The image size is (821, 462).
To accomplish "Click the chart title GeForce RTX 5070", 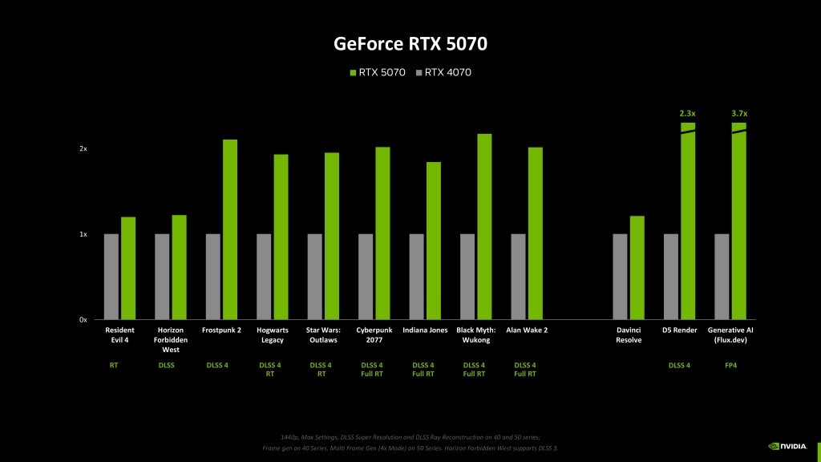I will tap(410, 43).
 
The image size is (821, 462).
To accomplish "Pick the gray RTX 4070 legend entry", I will tap(443, 73).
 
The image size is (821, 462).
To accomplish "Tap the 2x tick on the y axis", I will tap(83, 149).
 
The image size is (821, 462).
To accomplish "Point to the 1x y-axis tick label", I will tap(83, 234).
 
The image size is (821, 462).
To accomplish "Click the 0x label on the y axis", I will tap(83, 320).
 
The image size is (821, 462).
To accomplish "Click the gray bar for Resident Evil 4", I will tap(111, 277).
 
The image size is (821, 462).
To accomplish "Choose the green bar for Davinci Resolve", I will tap(637, 268).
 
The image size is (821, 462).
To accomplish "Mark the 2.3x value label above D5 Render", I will tap(687, 114).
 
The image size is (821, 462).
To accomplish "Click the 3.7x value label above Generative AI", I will tap(738, 114).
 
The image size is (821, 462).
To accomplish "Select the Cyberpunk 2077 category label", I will tap(374, 334).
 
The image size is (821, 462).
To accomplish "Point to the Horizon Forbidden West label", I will tap(171, 339).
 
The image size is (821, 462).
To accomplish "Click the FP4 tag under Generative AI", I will tap(730, 366).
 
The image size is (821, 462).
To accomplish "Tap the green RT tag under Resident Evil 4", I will tap(114, 366).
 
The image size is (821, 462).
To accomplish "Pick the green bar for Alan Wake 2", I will tap(536, 233).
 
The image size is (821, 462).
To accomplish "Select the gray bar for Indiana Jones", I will tap(416, 277).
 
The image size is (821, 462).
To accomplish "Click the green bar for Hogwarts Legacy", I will tap(281, 237).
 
